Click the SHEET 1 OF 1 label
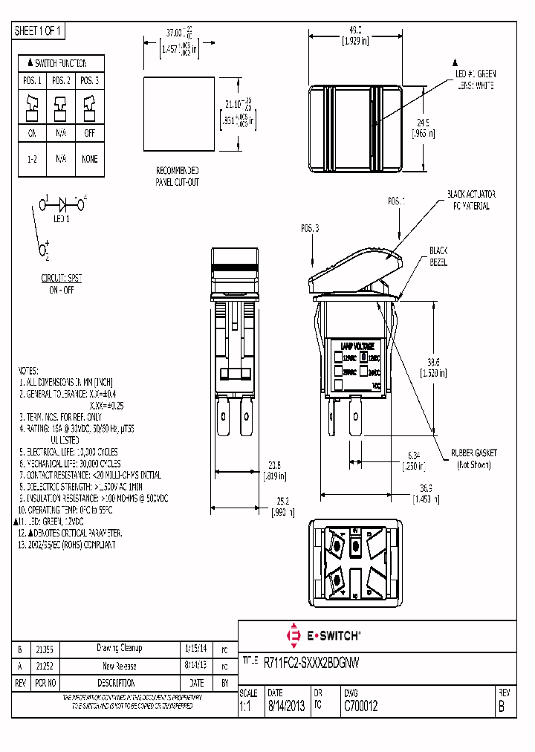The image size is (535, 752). [39, 31]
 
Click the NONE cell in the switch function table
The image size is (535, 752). [89, 159]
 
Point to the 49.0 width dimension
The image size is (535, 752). [354, 30]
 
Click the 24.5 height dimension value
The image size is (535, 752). [423, 123]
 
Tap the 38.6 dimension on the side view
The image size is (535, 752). [432, 360]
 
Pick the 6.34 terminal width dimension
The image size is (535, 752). [414, 454]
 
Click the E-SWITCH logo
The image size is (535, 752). [324, 635]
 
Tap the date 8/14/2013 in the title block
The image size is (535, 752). [286, 707]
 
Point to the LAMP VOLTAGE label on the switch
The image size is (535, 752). [357, 346]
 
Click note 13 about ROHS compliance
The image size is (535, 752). [67, 544]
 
